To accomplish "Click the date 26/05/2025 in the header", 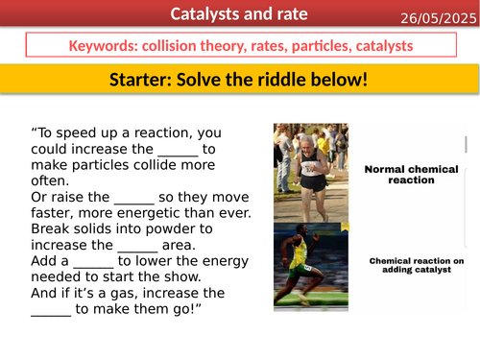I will click(433, 16).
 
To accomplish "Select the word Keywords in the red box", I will click(101, 46).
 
